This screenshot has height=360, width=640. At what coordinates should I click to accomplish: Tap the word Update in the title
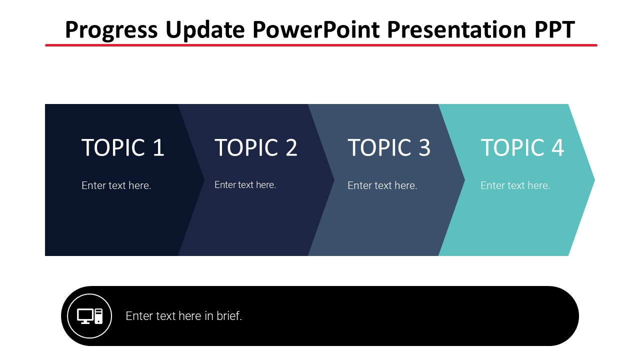click(205, 30)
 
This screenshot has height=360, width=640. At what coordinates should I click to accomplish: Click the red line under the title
click(321, 45)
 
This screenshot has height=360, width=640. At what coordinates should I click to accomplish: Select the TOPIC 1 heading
click(122, 147)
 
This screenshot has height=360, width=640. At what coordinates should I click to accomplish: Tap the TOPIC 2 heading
click(256, 147)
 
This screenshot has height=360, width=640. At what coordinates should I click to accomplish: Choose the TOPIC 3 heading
click(389, 147)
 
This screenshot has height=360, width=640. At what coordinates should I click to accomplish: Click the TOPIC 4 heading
click(522, 147)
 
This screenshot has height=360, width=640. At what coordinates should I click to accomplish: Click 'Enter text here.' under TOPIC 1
click(116, 185)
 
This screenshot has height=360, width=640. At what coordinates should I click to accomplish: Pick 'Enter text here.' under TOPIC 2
click(245, 185)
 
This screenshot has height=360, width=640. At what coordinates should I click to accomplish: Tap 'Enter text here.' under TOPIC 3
click(382, 185)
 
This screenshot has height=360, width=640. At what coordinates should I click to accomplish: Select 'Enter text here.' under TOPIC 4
click(515, 185)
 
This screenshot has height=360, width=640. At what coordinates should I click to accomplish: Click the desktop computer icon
click(89, 316)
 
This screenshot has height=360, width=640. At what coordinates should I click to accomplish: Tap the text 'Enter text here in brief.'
click(183, 316)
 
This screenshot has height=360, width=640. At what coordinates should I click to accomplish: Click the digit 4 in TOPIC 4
click(557, 147)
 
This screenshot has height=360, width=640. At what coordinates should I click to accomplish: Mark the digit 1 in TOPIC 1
click(158, 147)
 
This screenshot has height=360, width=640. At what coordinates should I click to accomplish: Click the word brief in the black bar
click(229, 316)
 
